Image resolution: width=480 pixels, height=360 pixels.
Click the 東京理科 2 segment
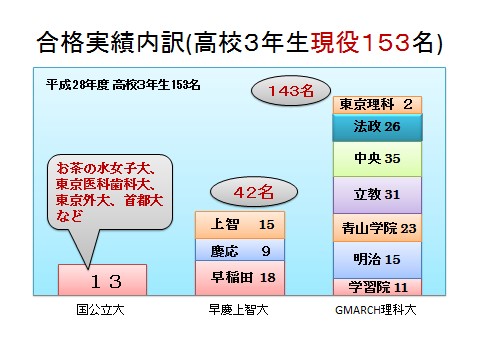click(x=377, y=104)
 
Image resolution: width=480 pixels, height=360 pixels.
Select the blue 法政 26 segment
click(x=377, y=127)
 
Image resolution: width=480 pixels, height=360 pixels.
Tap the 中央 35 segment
click(x=377, y=159)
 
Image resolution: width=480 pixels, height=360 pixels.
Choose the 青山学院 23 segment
click(x=377, y=228)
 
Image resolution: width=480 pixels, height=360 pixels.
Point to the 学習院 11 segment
click(x=377, y=286)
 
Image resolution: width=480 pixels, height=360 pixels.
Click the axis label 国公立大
click(x=104, y=310)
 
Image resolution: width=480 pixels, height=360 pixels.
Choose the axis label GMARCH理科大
click(x=378, y=310)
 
